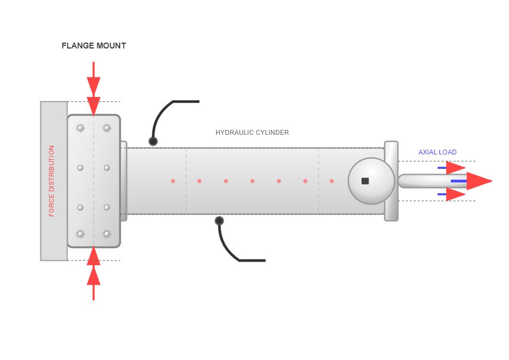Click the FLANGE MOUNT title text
94,46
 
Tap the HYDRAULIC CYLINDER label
252,133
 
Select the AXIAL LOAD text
437,152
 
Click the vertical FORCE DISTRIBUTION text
52,181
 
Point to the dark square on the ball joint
365,181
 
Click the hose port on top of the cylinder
153,141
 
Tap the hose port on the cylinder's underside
219,220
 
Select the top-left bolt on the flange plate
80,128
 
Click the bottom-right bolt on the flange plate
107,234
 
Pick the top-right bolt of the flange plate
107,128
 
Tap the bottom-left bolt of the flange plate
80,234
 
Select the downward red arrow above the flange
94,88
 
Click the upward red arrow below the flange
94,274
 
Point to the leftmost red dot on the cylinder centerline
173,181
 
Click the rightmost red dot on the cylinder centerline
332,181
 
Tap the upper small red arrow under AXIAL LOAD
455,168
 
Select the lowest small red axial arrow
455,194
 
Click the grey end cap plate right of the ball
391,181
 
